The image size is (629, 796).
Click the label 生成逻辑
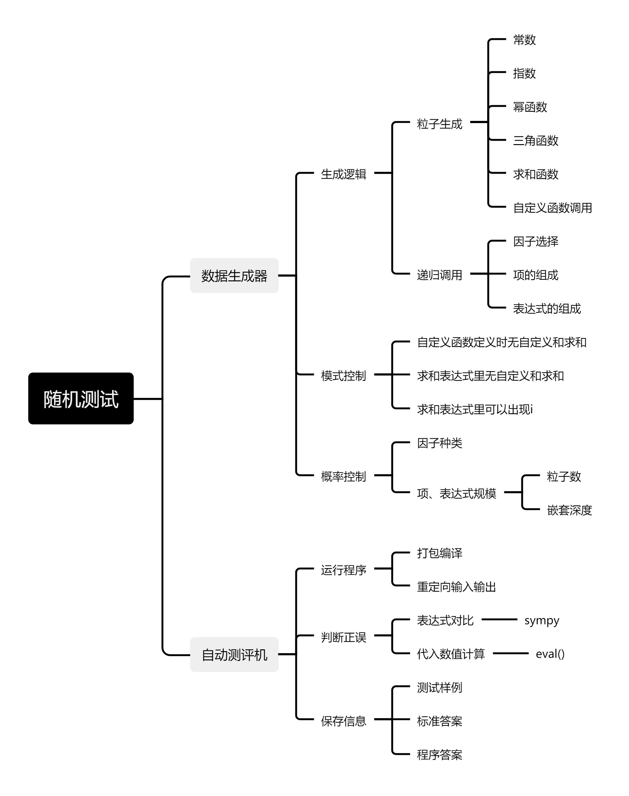[x=343, y=174]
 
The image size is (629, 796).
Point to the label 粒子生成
[x=439, y=124]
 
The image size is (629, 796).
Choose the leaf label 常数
[x=524, y=40]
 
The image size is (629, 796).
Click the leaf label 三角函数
[x=535, y=140]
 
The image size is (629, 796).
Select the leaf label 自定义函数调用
[x=552, y=208]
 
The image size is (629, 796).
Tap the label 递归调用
[x=439, y=275]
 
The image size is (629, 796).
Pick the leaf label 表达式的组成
[x=546, y=308]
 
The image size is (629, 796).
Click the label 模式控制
[x=343, y=376]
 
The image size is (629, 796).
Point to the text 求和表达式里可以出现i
[x=475, y=409]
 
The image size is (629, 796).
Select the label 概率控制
[x=343, y=476]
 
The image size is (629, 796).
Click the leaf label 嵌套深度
[x=569, y=510]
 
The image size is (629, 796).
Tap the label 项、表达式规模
[x=456, y=493]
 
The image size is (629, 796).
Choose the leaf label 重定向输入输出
[x=456, y=587]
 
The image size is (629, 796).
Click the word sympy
[x=542, y=621]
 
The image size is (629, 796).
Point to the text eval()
[x=550, y=654]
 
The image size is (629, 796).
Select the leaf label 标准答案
[x=439, y=721]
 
